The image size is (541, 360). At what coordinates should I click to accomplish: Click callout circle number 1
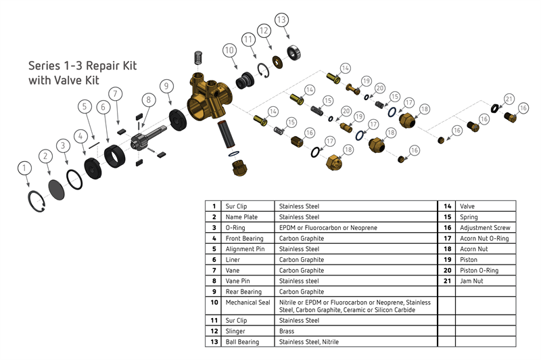pos(25,166)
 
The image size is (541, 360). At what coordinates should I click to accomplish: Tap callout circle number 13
pos(281,19)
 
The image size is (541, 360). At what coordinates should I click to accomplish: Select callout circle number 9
pos(166,86)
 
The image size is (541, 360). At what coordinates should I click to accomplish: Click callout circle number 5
pos(84,106)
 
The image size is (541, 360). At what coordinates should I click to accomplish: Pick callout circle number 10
pos(229,50)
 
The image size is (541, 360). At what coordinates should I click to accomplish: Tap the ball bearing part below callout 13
pos(294,52)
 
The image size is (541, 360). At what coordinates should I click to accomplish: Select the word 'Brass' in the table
pos(287,332)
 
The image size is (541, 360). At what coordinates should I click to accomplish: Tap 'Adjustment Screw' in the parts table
pos(484,227)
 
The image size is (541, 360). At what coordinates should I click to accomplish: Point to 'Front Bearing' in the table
pos(242,238)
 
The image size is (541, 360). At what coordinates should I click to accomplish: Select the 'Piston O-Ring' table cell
pos(479,271)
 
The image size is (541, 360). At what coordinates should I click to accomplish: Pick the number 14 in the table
pos(447,206)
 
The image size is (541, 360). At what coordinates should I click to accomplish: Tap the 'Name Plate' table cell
pos(239,217)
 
